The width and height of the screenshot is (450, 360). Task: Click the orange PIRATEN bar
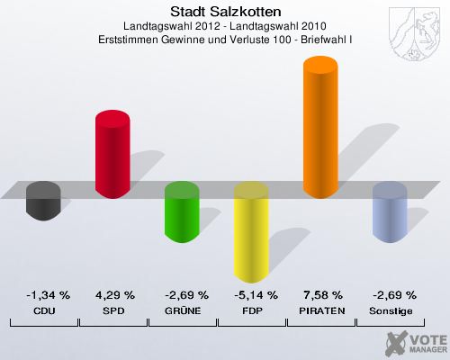coord(320,126)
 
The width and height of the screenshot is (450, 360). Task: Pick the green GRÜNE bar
coord(182,211)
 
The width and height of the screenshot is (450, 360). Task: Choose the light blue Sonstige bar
coord(390,211)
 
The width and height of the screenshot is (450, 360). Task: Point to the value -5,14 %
coord(251,294)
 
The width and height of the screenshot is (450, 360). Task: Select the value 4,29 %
coord(113,294)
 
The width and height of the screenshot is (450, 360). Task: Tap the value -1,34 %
coord(44,294)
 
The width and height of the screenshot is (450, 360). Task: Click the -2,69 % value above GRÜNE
coord(183,294)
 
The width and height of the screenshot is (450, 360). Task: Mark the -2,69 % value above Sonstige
coord(391,294)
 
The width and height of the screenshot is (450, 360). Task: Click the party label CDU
coord(44,310)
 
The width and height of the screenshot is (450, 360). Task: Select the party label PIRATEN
coord(321,310)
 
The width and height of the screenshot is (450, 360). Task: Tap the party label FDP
coord(251,310)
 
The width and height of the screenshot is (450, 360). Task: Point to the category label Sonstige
coord(391,310)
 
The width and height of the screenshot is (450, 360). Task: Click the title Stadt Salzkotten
coord(225,12)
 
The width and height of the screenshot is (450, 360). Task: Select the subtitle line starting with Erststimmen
coord(225,40)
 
